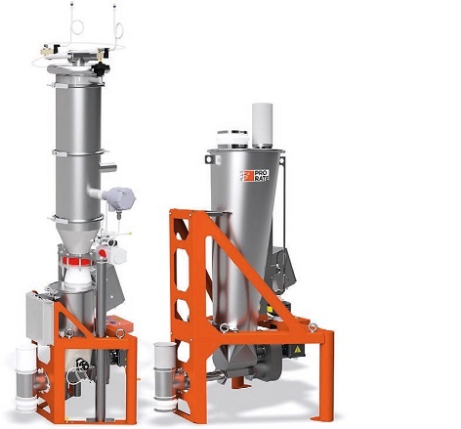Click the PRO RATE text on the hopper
coord(261,175)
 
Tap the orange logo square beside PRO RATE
coord(248,176)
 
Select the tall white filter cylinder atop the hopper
coord(262,125)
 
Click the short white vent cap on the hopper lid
coord(232,139)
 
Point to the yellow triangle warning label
coord(297,350)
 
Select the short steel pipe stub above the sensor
coord(108,168)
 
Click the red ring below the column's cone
coord(77,260)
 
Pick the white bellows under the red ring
coord(78,278)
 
